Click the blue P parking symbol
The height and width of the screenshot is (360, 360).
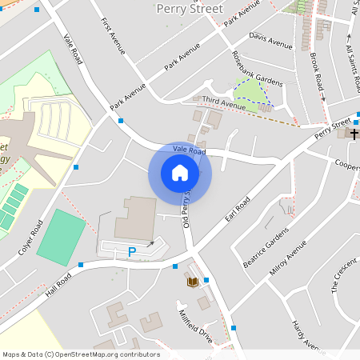tap(132, 253)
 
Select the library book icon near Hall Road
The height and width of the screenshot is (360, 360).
tap(192, 282)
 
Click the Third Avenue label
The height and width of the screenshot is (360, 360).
tap(223, 103)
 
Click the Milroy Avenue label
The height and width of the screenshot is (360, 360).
tap(288, 261)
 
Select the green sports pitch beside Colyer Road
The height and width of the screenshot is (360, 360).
tap(61, 238)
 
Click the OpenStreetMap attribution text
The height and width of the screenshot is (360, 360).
tap(81, 354)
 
